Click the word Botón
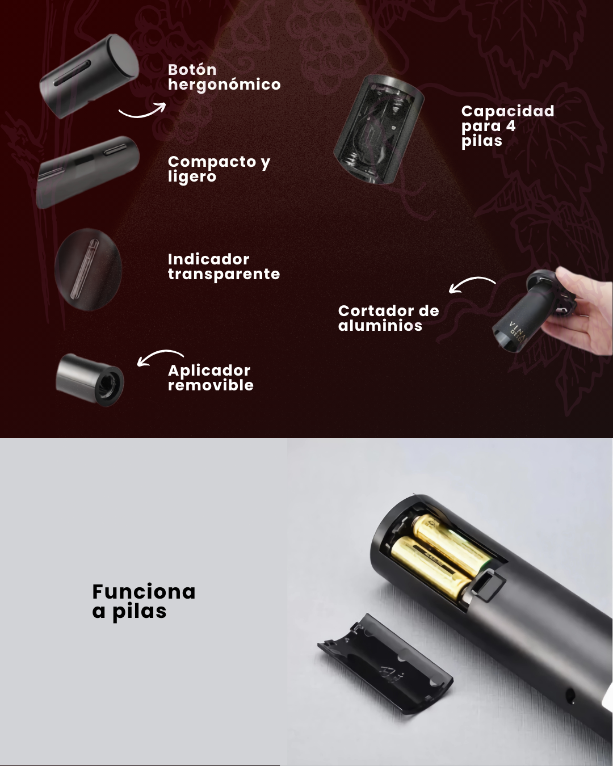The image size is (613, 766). (x=192, y=70)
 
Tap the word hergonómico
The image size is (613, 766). (x=224, y=85)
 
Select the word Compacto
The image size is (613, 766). (x=212, y=162)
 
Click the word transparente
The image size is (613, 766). (x=224, y=275)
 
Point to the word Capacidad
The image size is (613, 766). (x=507, y=111)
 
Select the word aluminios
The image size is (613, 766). (x=380, y=326)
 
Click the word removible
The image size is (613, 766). (x=211, y=385)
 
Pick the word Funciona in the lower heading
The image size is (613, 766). (x=144, y=592)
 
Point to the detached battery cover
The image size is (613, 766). (x=385, y=664)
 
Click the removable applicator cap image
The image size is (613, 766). (x=90, y=380)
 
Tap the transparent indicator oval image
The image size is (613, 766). (x=89, y=270)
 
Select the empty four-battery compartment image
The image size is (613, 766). (x=379, y=129)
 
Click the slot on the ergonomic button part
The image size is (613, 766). (x=72, y=73)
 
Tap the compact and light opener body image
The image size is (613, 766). (x=87, y=172)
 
